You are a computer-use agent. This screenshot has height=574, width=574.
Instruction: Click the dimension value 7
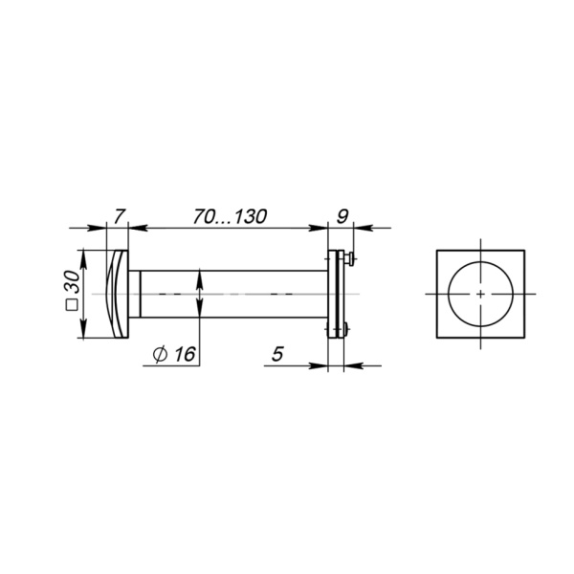[x=118, y=216]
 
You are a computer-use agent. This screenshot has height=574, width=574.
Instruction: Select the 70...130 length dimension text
[x=228, y=216]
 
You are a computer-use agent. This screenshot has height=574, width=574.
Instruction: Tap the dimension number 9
[x=342, y=216]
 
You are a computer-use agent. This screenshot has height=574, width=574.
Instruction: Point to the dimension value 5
[x=277, y=353]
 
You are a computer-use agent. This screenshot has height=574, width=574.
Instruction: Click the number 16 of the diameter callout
[x=186, y=354]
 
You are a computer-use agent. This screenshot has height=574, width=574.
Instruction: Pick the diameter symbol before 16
[x=161, y=354]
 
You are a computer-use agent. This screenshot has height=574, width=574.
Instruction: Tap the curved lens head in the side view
[x=118, y=293]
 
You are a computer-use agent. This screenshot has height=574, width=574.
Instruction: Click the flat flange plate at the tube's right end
[x=336, y=293]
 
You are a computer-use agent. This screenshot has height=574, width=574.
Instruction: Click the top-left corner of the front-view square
[x=437, y=250]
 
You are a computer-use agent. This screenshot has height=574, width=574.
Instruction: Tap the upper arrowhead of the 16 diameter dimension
[x=200, y=276]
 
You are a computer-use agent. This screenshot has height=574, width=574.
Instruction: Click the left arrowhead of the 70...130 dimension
[x=136, y=229]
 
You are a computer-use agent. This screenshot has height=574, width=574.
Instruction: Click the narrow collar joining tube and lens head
[x=136, y=293]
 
